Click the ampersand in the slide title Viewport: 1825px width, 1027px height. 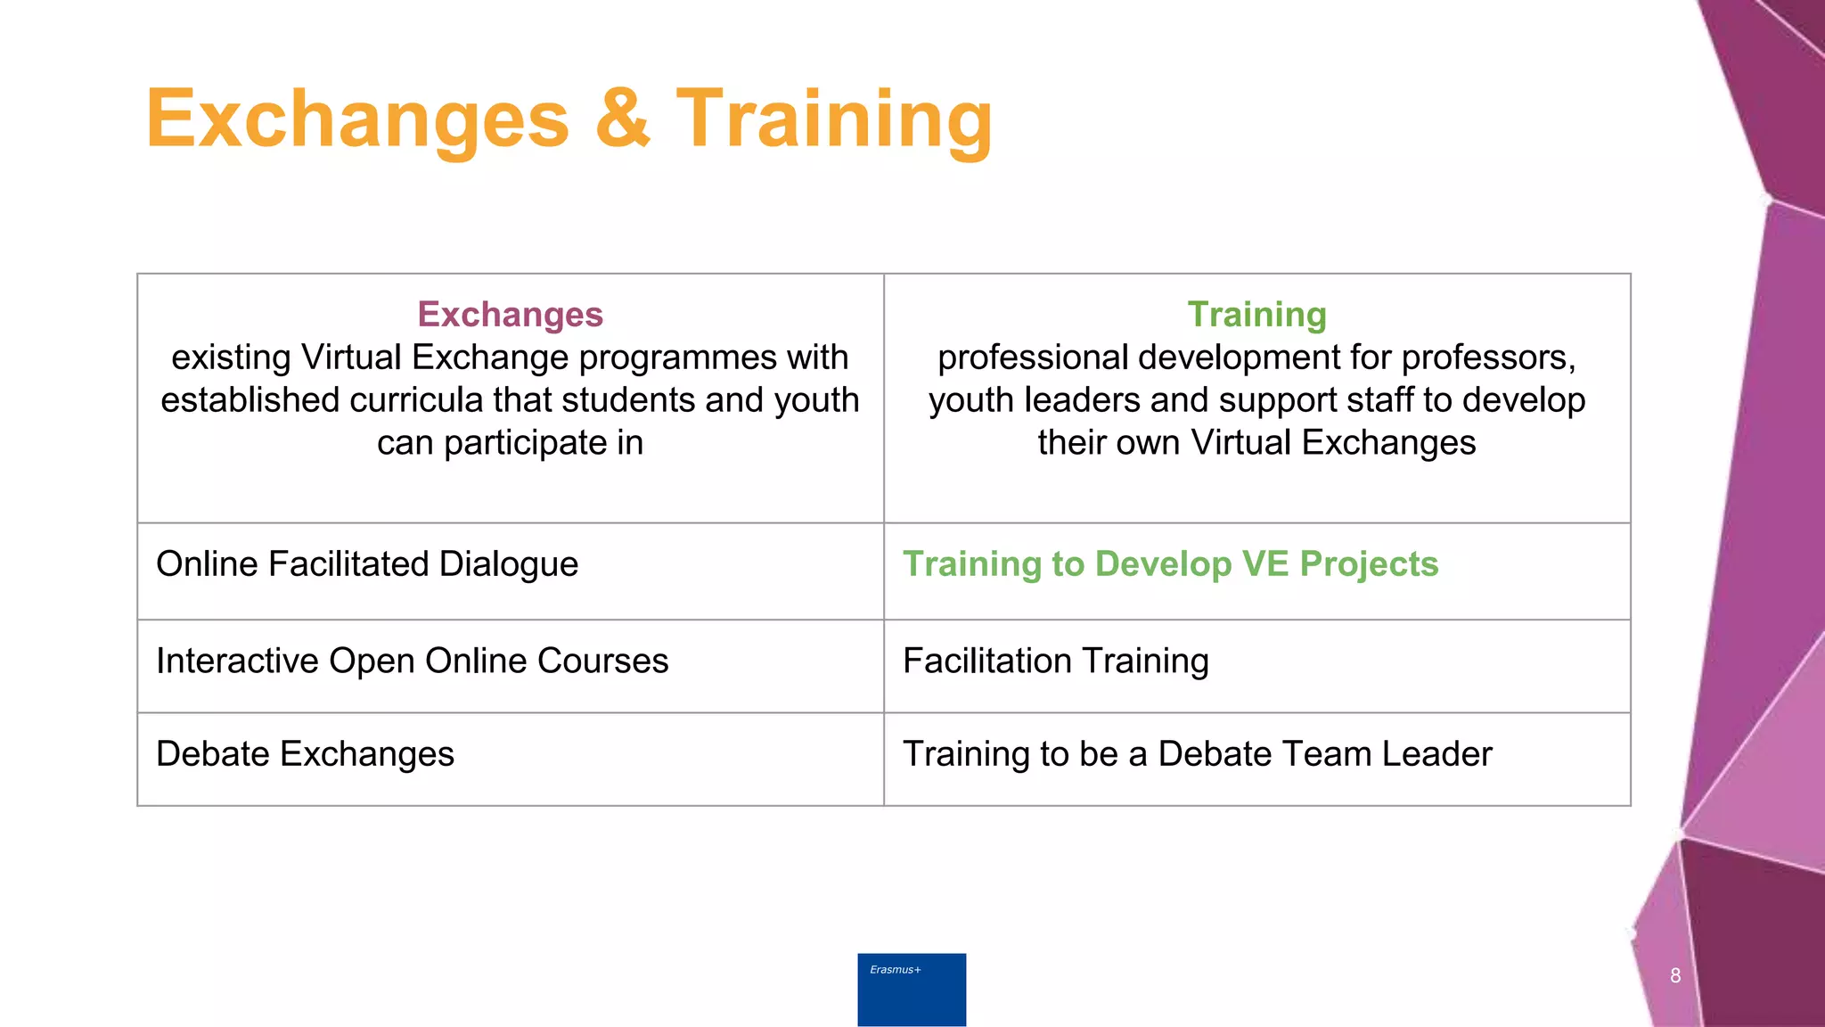coord(623,119)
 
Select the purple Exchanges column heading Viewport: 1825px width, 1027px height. coord(510,315)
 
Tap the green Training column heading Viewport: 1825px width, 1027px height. coord(1256,315)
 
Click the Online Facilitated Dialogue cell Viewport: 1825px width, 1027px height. coord(367,564)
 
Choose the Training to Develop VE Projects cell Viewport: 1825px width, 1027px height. coord(1170,564)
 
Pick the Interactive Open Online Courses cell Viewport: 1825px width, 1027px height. coord(412,661)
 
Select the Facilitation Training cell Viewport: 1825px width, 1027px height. coord(1055,661)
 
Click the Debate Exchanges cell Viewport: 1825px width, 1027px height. coord(305,754)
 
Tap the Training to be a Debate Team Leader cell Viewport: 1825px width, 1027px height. coord(1197,754)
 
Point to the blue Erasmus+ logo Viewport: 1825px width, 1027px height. coord(912,989)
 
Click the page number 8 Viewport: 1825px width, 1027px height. coord(1675,975)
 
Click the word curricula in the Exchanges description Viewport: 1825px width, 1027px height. coord(416,400)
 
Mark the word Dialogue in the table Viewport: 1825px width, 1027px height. coord(508,564)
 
